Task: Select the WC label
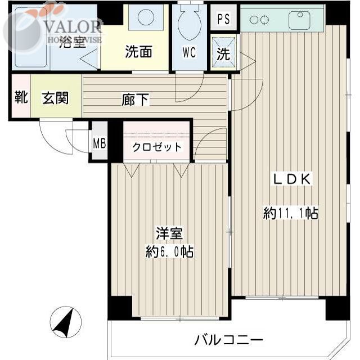tap(188, 53)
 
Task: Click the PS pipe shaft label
tap(223, 19)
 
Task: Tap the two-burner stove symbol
tap(259, 20)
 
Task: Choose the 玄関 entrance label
tap(55, 98)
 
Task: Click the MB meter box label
tap(99, 143)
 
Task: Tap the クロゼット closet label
tap(157, 147)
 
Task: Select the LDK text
tap(292, 179)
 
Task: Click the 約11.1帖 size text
tap(291, 213)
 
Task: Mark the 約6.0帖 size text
tap(169, 252)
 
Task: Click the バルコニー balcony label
tap(229, 340)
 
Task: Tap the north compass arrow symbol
tap(66, 323)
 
